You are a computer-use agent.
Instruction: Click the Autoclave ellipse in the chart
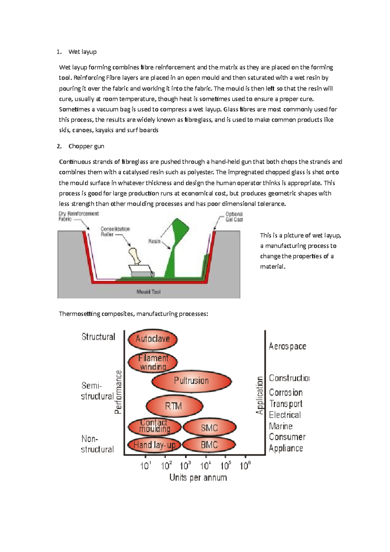pyautogui.click(x=153, y=339)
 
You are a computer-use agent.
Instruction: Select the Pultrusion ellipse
pyautogui.click(x=191, y=381)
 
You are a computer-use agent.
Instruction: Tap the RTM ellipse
pyautogui.click(x=174, y=406)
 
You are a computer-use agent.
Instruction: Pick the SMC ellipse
pyautogui.click(x=209, y=428)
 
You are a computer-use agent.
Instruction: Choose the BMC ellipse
pyautogui.click(x=209, y=445)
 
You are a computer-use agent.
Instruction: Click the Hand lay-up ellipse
pyautogui.click(x=154, y=445)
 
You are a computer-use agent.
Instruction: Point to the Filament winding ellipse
pyautogui.click(x=153, y=362)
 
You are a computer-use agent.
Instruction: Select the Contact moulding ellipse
pyautogui.click(x=155, y=426)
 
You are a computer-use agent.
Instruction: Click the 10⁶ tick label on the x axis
pyautogui.click(x=245, y=466)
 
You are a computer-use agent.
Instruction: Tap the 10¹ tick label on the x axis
pyautogui.click(x=146, y=466)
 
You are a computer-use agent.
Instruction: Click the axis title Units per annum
pyautogui.click(x=198, y=478)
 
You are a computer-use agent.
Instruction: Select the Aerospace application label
pyautogui.click(x=287, y=346)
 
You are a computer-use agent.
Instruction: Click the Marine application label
pyautogui.click(x=280, y=426)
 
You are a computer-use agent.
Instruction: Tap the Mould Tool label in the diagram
pyautogui.click(x=149, y=292)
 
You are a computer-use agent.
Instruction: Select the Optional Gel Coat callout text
pyautogui.click(x=234, y=217)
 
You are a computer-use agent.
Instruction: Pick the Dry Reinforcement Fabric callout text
pyautogui.click(x=78, y=216)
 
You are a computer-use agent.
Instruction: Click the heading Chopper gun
pyautogui.click(x=86, y=146)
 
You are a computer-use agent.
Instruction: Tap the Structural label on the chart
pyautogui.click(x=98, y=337)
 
